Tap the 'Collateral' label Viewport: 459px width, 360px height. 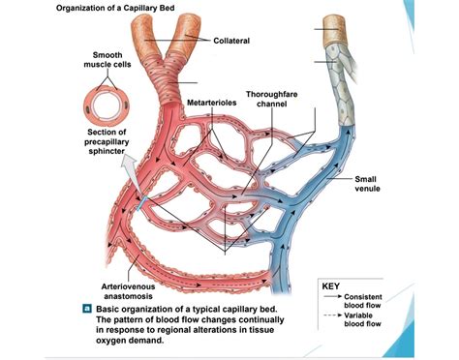click(231, 40)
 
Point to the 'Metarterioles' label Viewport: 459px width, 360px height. click(211, 101)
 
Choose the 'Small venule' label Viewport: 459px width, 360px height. click(366, 184)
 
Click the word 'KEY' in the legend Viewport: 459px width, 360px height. click(332, 286)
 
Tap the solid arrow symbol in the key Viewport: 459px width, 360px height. click(330, 297)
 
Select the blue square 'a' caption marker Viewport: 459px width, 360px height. click(87, 308)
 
